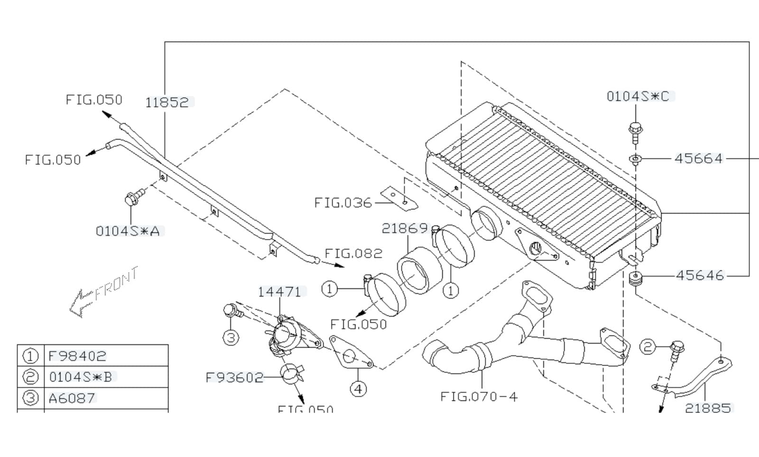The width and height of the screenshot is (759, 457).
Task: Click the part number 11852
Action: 167,102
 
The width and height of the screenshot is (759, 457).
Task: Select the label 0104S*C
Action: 638,96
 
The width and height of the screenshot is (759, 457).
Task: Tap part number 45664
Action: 698,158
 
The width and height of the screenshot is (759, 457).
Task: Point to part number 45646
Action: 700,275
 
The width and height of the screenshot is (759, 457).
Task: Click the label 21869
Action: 405,228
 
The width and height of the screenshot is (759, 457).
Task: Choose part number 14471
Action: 280,292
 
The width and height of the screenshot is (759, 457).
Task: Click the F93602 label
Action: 234,377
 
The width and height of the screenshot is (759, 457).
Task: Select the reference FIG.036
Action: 343,203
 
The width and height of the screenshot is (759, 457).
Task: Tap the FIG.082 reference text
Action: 353,253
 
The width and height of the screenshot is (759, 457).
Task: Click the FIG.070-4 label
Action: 479,396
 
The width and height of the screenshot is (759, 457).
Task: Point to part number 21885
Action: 708,407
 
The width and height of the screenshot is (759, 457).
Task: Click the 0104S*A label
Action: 128,231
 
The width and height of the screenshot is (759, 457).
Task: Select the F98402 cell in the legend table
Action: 77,356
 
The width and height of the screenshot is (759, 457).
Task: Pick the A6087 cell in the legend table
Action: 72,398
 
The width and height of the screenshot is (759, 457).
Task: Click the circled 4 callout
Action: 358,389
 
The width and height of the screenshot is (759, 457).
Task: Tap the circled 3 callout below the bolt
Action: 231,338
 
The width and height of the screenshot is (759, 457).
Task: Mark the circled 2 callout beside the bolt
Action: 648,347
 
